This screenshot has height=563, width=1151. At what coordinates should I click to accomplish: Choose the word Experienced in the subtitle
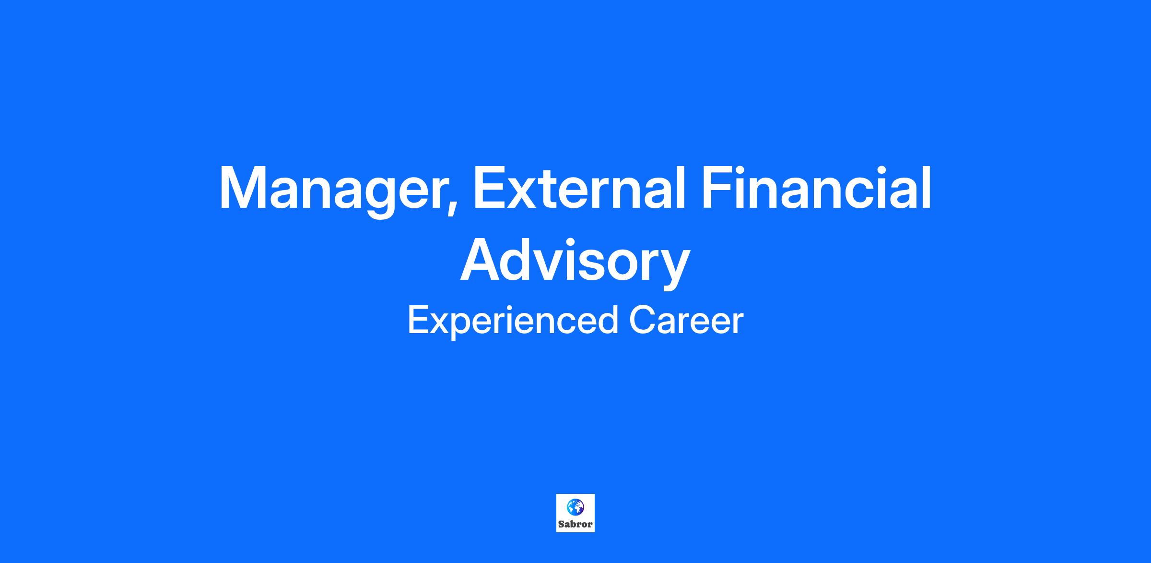[513, 321]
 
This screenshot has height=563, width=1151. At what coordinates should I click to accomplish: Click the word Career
[686, 320]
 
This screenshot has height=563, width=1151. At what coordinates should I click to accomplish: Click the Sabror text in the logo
[575, 524]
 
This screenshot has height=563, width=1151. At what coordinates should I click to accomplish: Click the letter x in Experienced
[437, 323]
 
